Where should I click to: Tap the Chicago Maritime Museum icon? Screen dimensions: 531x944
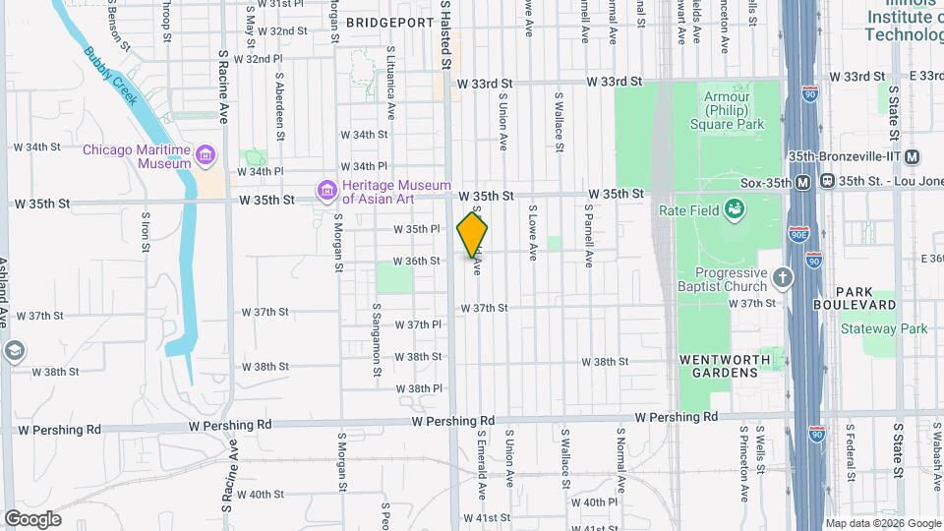205,155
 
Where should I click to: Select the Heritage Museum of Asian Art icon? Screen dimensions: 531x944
325,190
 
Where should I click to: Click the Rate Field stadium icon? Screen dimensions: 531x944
733,207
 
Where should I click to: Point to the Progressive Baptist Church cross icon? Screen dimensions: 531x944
783,277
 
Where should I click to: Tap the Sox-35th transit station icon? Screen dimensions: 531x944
803,181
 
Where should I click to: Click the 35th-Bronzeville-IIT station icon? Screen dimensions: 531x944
913,156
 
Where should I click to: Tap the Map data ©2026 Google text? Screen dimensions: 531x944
881,523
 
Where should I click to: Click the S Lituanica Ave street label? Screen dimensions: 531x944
391,78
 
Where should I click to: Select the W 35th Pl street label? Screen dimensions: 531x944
416,229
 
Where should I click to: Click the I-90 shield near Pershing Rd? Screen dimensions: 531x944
816,432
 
